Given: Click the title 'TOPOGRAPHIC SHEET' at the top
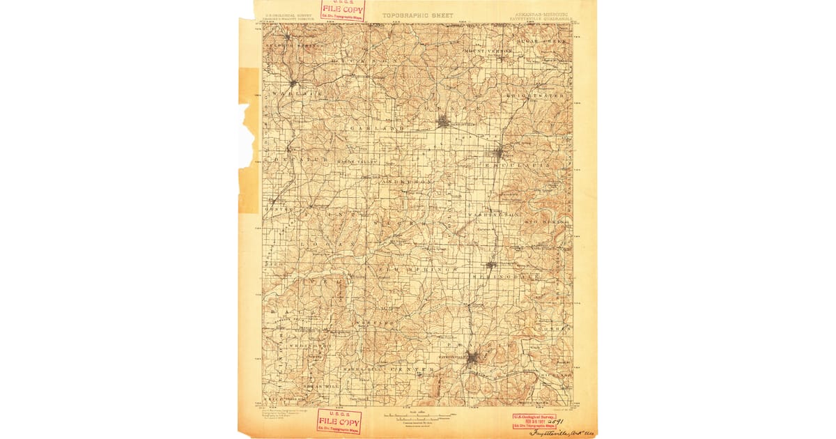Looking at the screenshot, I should (x=417, y=15).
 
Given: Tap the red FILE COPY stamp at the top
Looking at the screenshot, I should (x=342, y=10).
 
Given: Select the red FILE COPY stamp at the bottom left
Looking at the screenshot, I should (x=339, y=421).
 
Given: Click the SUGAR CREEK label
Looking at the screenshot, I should (x=542, y=42).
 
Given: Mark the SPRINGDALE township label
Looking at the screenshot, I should (x=506, y=277).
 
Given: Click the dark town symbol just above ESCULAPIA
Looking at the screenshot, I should (x=499, y=153).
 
